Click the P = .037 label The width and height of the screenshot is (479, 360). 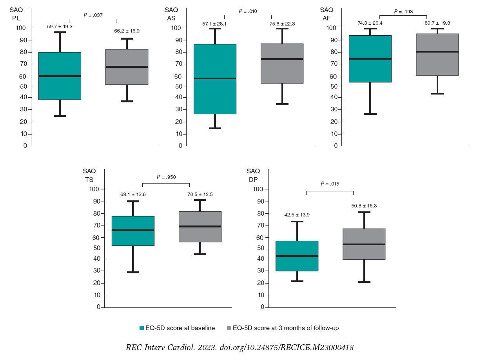pos(93,15)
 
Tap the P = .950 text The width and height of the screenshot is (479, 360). pos(166,177)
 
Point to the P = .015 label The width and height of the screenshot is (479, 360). pos(330,184)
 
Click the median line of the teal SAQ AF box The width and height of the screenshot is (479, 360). pos(370,59)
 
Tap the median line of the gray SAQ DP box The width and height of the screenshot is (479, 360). pos(364,244)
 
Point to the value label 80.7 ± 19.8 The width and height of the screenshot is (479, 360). pos(437,23)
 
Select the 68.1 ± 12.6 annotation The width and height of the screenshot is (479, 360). pos(133,194)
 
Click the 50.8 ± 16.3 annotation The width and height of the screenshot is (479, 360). pos(364,205)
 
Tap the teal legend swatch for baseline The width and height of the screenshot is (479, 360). pos(142,328)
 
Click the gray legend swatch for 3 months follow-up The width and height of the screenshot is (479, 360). pos(229,328)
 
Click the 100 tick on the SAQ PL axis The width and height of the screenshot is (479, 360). pos(22,28)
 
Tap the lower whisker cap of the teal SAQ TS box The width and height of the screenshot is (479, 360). pos(133,272)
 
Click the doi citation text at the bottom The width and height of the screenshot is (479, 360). pos(239,348)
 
